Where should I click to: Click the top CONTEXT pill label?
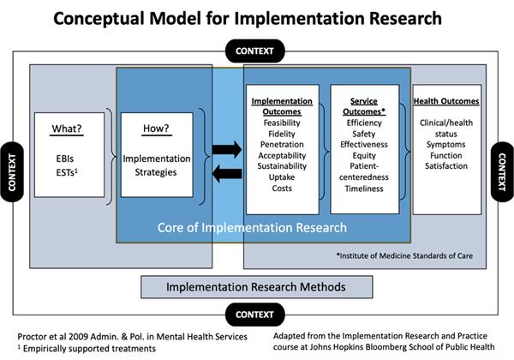tap(257, 51)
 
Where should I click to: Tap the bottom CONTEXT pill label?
tap(257, 315)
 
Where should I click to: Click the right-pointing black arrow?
tap(227, 151)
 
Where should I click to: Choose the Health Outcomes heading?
tap(445, 101)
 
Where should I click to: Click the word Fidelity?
tap(281, 135)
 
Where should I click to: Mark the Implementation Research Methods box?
tap(256, 287)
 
